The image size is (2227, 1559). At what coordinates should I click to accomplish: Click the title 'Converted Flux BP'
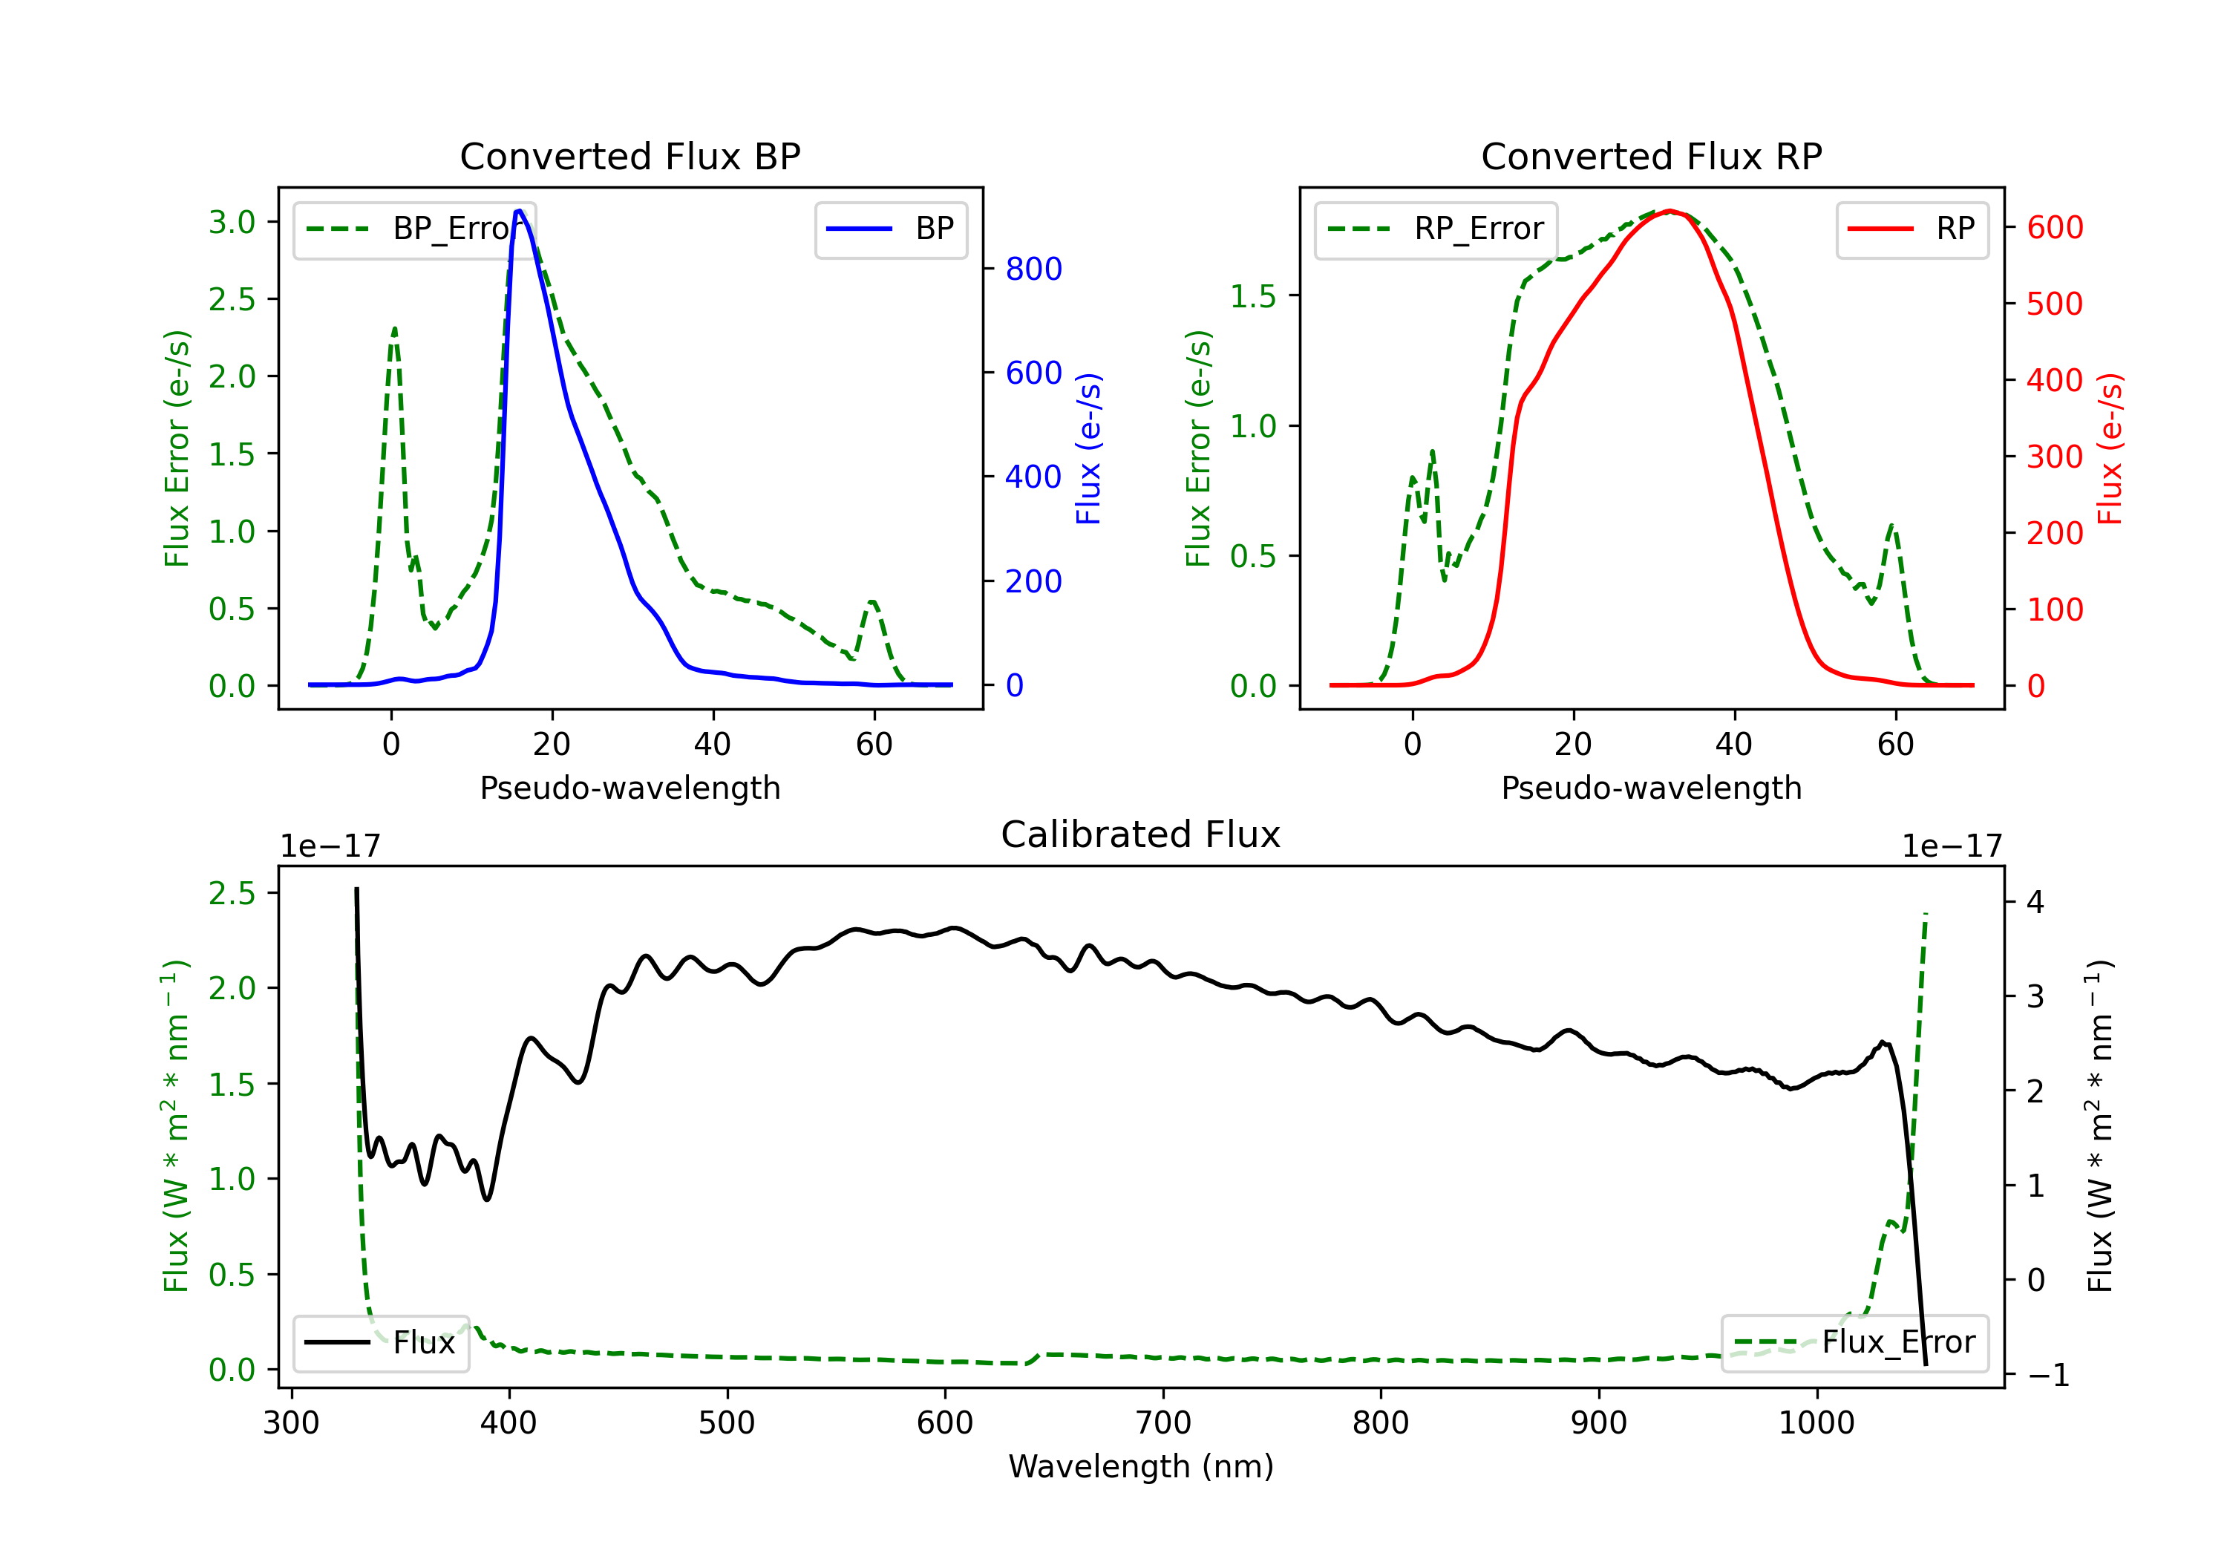click(629, 156)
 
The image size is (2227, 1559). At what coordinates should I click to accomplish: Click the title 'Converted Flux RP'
click(1651, 156)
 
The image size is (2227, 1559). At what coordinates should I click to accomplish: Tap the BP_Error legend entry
click(414, 229)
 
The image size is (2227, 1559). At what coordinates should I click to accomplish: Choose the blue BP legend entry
click(890, 229)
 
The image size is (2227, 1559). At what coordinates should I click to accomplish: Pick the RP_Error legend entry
click(1436, 229)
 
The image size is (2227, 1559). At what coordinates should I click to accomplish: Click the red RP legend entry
click(1912, 229)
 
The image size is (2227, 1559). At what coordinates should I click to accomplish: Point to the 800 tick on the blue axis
click(1033, 269)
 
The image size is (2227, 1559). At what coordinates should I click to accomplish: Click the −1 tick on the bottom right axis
click(2047, 1375)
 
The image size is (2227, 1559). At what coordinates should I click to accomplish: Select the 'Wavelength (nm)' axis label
click(1141, 1466)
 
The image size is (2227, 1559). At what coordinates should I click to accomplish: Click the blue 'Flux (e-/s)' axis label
click(1088, 448)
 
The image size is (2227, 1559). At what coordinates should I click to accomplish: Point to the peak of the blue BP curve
click(520, 211)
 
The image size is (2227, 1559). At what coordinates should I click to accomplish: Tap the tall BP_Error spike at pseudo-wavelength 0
click(393, 330)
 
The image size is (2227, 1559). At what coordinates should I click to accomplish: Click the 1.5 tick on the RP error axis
click(1253, 296)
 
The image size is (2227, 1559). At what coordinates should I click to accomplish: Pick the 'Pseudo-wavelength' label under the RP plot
click(1651, 788)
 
